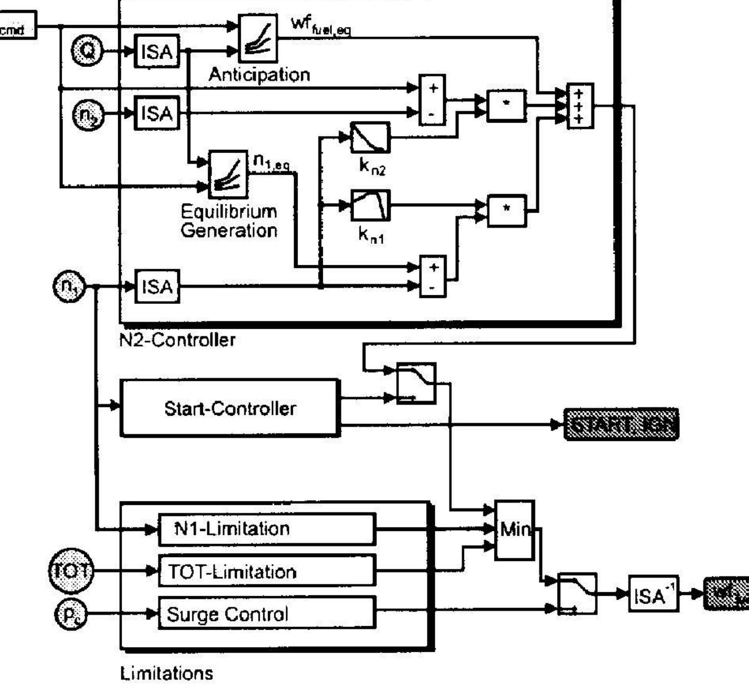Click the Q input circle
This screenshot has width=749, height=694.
point(87,51)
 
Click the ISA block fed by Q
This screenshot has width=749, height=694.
point(157,51)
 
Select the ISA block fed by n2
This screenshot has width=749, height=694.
point(157,113)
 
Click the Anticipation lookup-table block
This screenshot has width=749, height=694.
point(258,38)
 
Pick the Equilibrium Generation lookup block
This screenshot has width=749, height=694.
point(229,174)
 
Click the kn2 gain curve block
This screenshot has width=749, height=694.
point(370,137)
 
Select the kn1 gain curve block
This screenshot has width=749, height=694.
point(370,205)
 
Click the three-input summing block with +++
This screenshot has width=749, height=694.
point(580,106)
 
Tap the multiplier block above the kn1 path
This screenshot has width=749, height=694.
point(507,105)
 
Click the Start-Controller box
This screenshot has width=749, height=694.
point(230,408)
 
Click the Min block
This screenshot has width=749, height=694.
point(515,530)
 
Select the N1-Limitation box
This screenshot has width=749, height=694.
point(267,529)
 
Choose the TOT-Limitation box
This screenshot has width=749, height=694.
point(267,571)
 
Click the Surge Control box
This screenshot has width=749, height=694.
point(267,613)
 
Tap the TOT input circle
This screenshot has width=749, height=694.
point(71,571)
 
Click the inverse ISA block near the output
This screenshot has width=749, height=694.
point(653,594)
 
